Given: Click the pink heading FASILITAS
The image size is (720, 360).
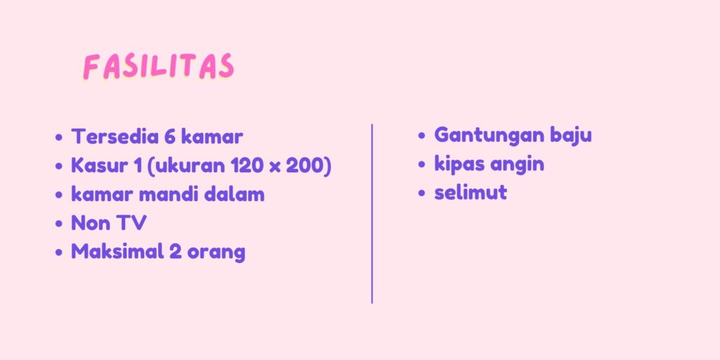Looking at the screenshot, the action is tap(159, 67).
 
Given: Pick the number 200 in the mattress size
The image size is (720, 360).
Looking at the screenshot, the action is tap(305, 166).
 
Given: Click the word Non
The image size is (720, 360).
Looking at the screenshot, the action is tap(91, 223).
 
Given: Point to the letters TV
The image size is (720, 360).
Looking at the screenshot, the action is tap(132, 223).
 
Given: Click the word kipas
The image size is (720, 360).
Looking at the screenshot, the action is tap(460, 165).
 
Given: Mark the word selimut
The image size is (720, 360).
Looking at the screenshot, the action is tap(470, 193).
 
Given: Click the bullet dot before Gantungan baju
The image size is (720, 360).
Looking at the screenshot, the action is tap(423, 136).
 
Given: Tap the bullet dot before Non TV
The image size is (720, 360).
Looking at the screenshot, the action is tap(58, 224).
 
